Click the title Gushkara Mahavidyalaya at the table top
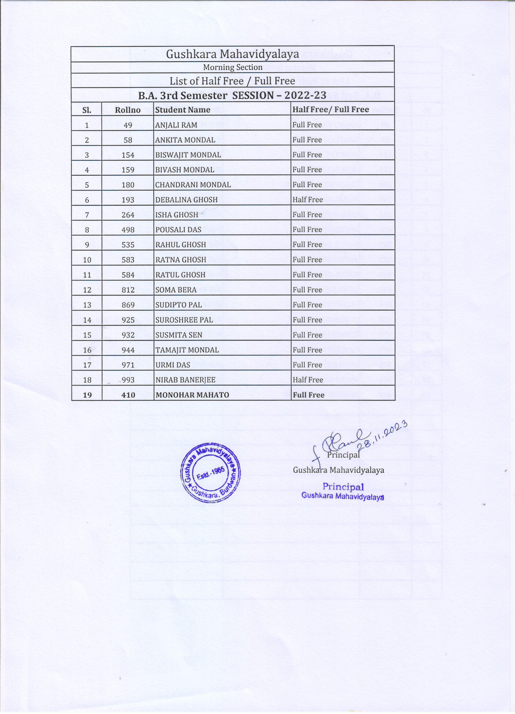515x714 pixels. click(232, 54)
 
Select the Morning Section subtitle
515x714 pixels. click(232, 67)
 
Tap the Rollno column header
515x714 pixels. click(128, 110)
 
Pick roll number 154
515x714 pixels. click(128, 155)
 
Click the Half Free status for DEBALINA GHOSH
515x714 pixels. click(307, 200)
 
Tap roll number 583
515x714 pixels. click(128, 260)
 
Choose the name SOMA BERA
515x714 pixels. click(176, 290)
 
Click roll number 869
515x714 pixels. click(128, 305)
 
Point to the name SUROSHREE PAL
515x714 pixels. click(184, 320)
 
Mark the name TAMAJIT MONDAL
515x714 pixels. click(187, 350)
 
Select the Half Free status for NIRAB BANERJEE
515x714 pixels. click(308, 380)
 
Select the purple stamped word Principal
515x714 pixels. click(343, 487)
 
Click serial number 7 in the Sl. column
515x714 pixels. click(87, 215)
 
